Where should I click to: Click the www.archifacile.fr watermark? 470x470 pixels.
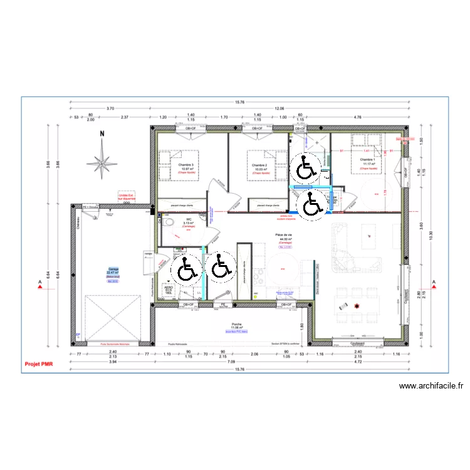coord(431,387)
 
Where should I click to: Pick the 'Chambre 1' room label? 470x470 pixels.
coord(368,160)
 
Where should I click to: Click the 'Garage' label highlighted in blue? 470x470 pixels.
coord(113,269)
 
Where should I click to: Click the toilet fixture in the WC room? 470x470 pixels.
coord(168,222)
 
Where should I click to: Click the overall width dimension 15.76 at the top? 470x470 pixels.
coord(239,102)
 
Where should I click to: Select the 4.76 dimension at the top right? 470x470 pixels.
coord(358,117)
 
